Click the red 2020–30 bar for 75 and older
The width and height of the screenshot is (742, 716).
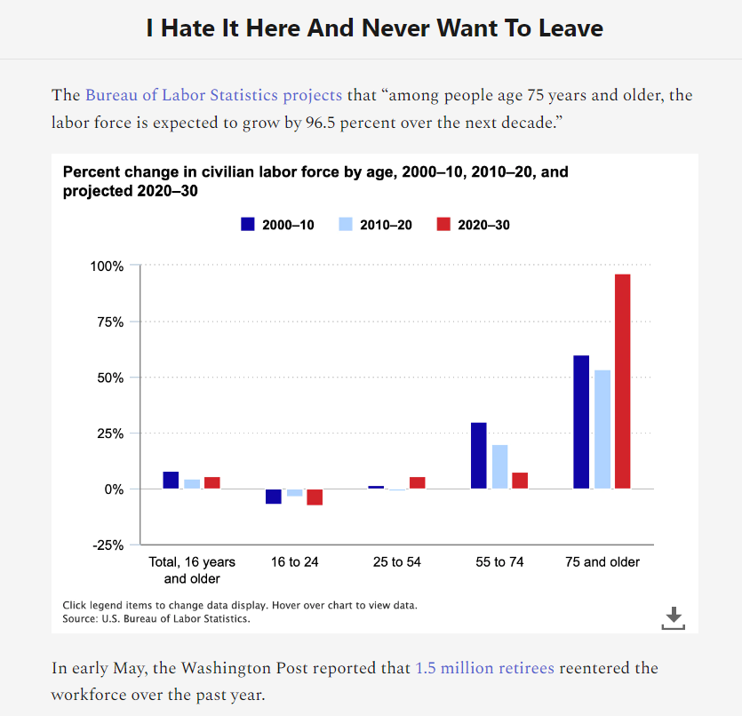click(622, 381)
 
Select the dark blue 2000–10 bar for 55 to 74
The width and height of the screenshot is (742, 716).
click(479, 455)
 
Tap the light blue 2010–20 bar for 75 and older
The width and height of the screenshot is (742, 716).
click(602, 429)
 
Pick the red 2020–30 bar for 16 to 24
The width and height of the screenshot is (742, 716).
click(315, 497)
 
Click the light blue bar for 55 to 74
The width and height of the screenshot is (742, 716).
click(499, 466)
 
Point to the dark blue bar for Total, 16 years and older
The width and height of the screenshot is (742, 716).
click(171, 480)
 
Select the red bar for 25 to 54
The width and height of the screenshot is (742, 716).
click(417, 482)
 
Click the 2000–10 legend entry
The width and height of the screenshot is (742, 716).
click(277, 225)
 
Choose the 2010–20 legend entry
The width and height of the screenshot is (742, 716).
click(375, 225)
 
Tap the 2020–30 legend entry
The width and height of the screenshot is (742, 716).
click(473, 225)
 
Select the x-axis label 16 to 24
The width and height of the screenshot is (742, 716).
click(294, 562)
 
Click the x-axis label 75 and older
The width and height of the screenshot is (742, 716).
click(602, 562)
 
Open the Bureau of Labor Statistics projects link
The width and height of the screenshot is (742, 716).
click(213, 95)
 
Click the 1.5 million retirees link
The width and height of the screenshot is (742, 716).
click(484, 667)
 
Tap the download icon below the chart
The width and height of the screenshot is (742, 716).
click(674, 617)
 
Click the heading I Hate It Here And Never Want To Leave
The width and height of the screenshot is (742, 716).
click(374, 28)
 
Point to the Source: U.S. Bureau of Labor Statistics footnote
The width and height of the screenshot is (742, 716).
click(156, 618)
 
